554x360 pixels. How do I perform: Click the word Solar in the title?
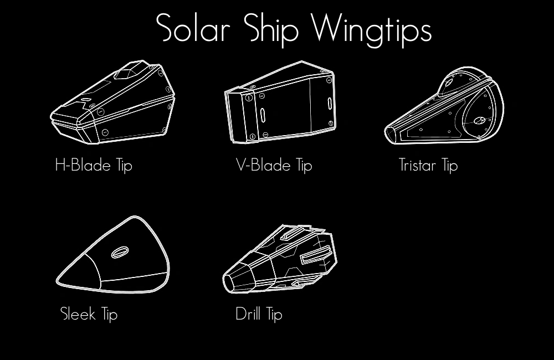192,28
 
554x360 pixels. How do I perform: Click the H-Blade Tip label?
94,165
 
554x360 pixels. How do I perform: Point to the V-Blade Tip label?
274,165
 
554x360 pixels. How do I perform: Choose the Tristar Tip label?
428,165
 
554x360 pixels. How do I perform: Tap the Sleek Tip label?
89,315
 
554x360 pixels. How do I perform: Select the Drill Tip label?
259,314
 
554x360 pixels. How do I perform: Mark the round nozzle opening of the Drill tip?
228,282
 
